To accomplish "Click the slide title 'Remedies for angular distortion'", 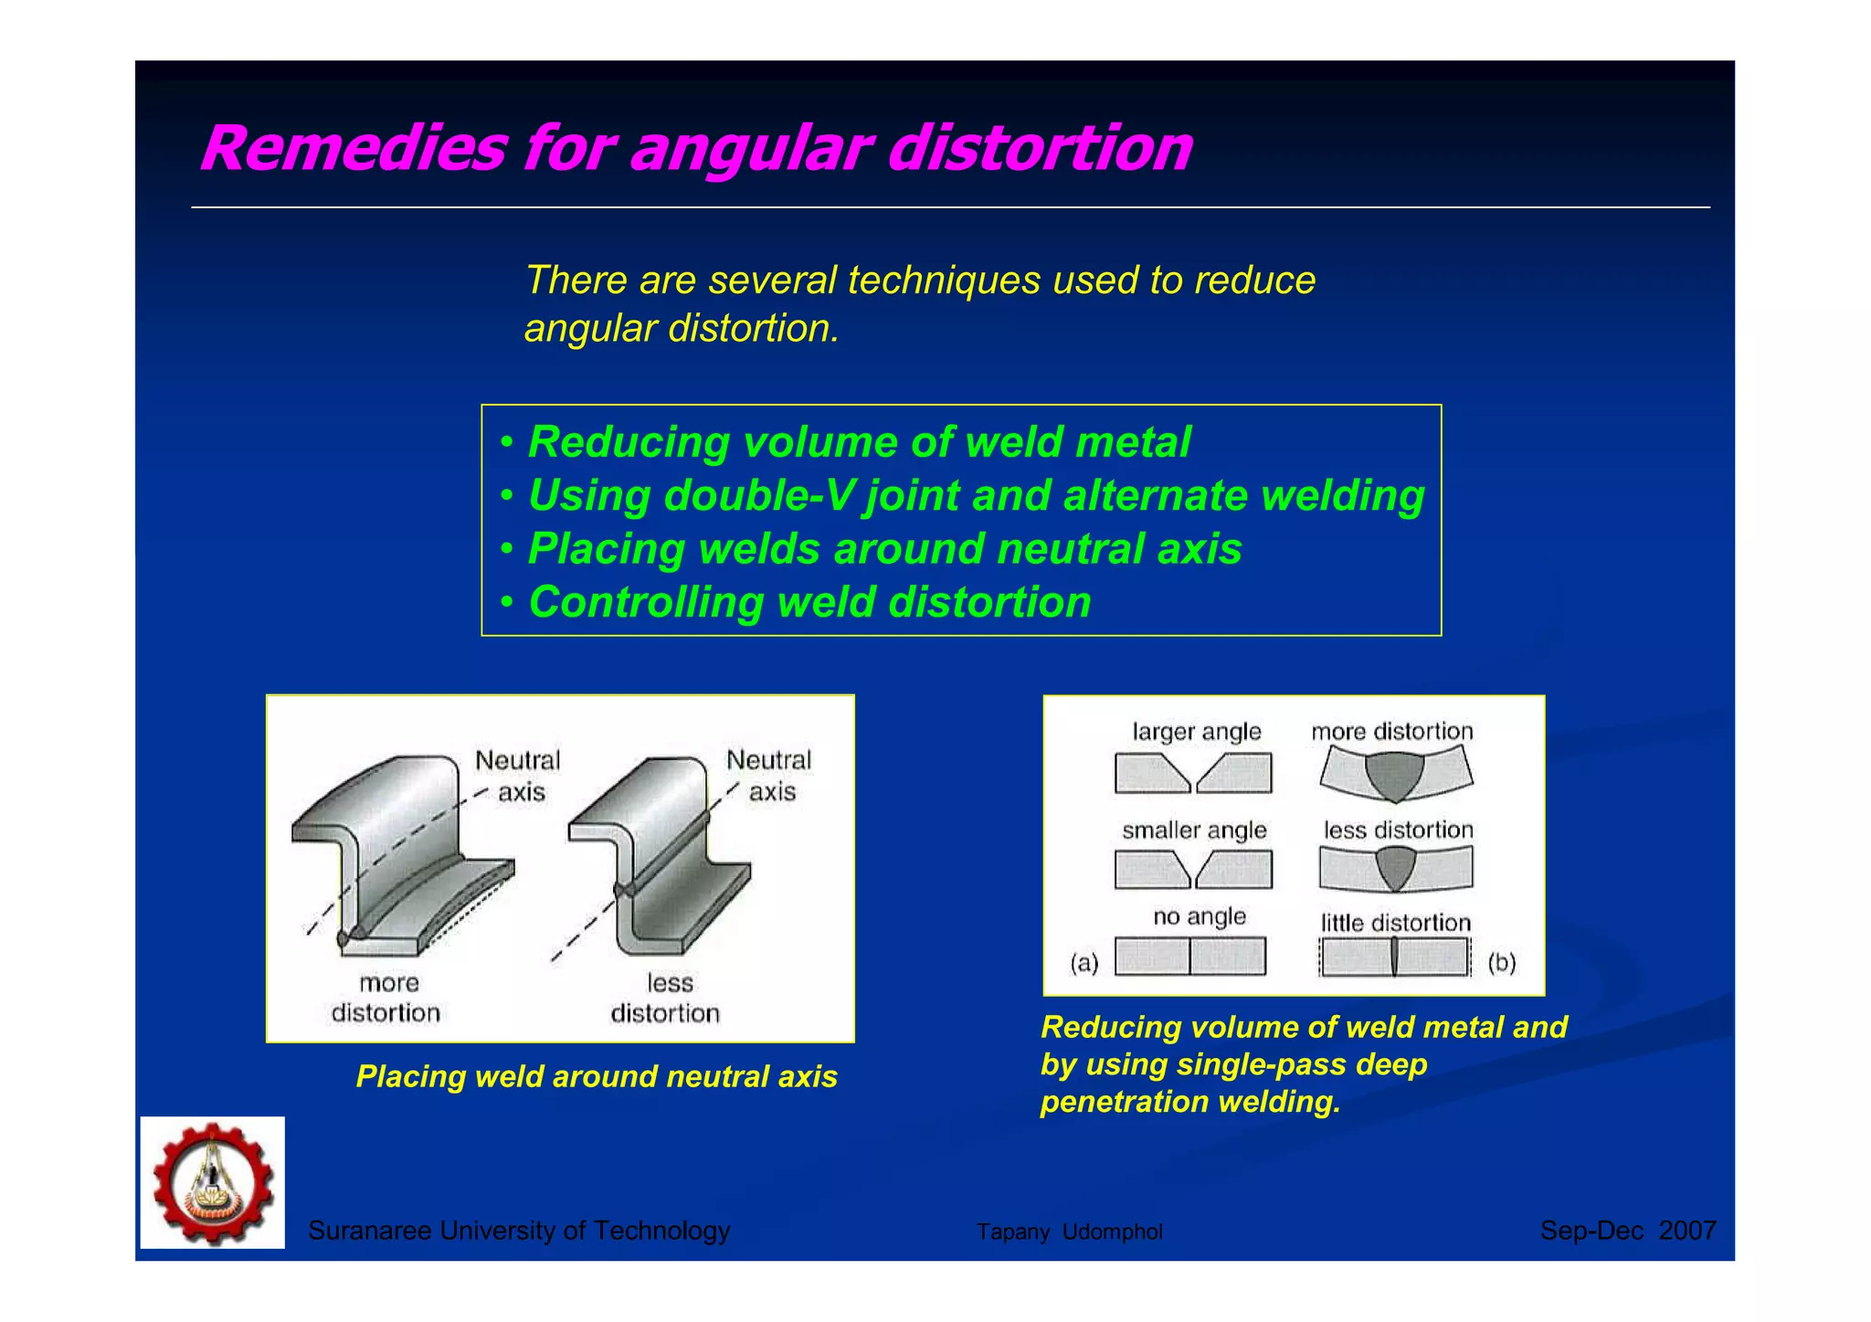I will pos(696,147).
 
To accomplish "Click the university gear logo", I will pos(213,1182).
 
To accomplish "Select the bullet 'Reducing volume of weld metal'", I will pos(859,442).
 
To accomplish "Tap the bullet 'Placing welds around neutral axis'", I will pos(884,549).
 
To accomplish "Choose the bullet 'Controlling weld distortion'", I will pos(809,603).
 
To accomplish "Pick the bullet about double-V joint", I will pos(976,495).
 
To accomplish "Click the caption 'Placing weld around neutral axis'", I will pos(597,1076).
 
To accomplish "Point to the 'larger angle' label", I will pos(1197,731).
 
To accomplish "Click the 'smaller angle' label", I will pos(1194,830).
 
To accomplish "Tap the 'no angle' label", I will pos(1199,916).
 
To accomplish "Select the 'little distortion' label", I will pos(1395,923).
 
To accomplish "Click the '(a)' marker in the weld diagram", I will pos(1084,963).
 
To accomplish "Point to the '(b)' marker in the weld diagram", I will pos(1502,963).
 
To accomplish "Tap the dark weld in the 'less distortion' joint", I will pos(1395,866).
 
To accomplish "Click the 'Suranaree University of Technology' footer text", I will pos(519,1231).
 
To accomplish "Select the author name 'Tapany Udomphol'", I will pos(1069,1232).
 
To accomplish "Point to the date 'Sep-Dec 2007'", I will pos(1628,1231).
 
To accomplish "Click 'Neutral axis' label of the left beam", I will pos(518,776).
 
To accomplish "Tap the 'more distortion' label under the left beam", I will pos(386,998).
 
